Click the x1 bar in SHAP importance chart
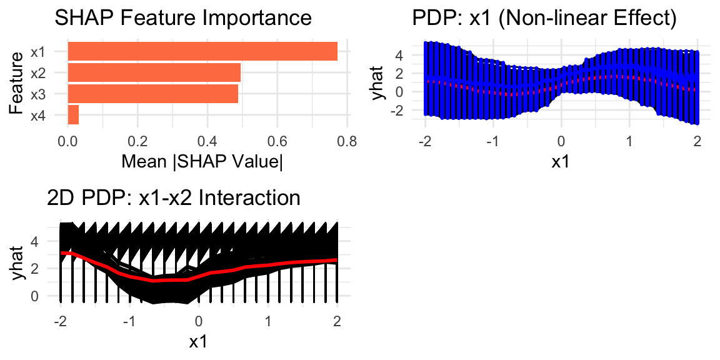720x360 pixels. coord(202,51)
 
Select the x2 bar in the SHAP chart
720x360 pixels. coord(154,72)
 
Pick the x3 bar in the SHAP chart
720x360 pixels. coord(152,94)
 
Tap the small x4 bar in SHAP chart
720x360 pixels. coord(73,115)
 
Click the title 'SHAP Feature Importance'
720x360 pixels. coord(183,18)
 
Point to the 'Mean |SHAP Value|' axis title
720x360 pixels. coord(202,161)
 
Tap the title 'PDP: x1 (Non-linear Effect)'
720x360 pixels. coord(544,18)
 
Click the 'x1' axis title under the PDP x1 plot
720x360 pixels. coord(561,161)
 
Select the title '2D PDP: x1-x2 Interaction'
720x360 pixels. coord(174,198)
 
